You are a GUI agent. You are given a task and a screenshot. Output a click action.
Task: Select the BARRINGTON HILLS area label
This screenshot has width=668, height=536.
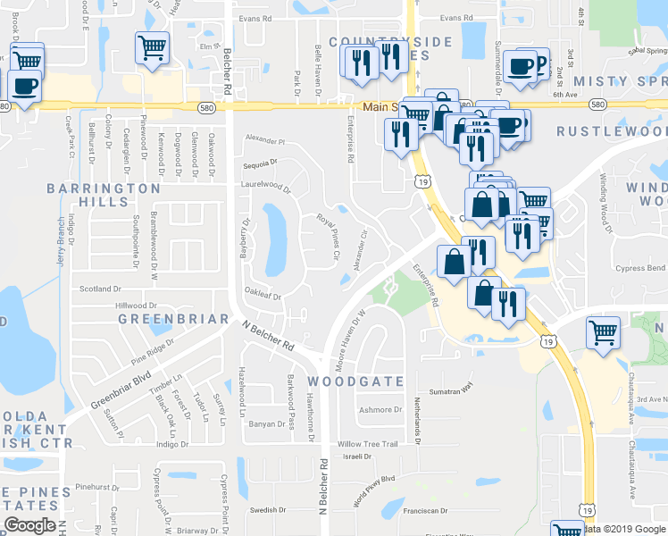click(x=104, y=195)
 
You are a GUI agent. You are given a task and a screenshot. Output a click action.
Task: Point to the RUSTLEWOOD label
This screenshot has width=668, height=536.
click(x=611, y=131)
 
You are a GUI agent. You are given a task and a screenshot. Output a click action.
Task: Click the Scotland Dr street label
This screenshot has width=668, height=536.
click(x=100, y=289)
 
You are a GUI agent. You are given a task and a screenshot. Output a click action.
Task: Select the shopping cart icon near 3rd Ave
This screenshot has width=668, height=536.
click(x=604, y=332)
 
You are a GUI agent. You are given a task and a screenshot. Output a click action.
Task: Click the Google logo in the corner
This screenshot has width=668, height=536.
click(x=29, y=525)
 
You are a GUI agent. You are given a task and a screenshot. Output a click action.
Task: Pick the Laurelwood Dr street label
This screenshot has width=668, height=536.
click(x=266, y=187)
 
